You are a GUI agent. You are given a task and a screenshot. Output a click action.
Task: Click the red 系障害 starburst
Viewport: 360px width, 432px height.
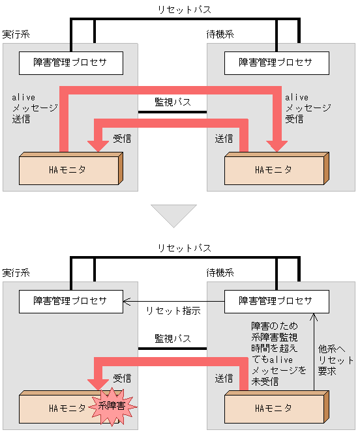click(x=116, y=406)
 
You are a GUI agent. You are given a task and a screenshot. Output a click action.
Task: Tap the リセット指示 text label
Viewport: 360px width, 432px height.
click(x=173, y=311)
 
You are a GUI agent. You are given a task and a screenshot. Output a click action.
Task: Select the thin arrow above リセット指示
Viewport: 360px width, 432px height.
click(x=173, y=301)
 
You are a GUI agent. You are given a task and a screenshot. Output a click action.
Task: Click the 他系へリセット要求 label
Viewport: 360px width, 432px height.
click(x=335, y=360)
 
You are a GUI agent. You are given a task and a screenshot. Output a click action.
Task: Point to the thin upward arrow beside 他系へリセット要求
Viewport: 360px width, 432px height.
click(x=313, y=352)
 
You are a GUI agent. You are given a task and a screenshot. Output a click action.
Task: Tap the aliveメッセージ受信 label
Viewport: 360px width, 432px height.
click(x=301, y=108)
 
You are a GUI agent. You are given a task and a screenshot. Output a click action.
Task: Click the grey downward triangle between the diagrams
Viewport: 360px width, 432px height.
click(x=173, y=215)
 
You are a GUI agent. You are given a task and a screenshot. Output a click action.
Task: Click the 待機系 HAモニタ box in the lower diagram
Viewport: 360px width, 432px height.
click(x=274, y=409)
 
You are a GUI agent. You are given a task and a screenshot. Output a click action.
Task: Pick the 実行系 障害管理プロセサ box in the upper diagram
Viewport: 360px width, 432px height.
click(x=70, y=63)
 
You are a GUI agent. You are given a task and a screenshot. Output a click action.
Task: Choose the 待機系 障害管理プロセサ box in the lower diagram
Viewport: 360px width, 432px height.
click(x=275, y=301)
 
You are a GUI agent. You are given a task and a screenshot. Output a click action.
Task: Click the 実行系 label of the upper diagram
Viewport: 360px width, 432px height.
click(x=16, y=34)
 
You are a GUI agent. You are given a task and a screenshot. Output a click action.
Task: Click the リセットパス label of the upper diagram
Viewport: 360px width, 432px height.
click(x=184, y=10)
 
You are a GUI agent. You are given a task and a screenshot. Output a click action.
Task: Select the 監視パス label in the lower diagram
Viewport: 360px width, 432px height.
click(x=173, y=339)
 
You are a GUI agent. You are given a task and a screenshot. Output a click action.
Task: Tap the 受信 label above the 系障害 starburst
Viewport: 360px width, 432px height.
click(x=123, y=378)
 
